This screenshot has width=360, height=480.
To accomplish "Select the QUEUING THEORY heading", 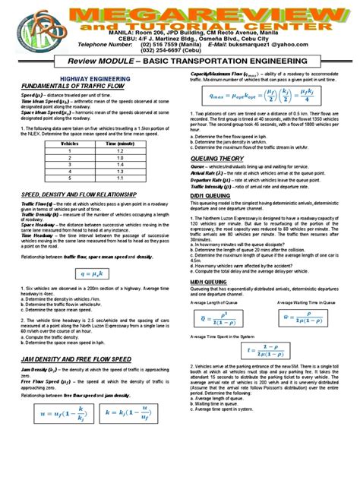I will (x=220, y=159).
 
